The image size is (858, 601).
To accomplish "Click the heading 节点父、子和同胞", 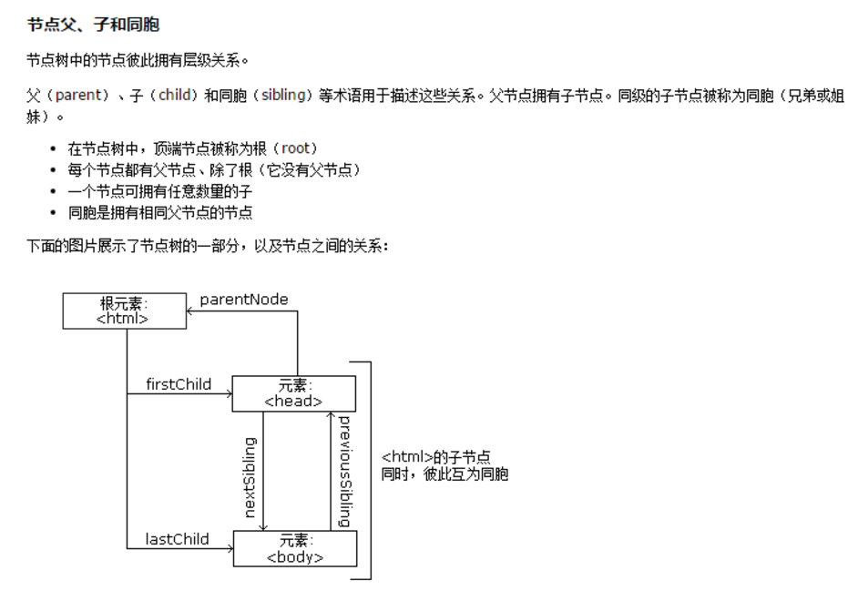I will coord(93,25).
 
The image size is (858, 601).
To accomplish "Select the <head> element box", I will coord(293,392).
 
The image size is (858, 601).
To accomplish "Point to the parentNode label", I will coord(244,299).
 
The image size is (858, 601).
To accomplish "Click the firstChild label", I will coord(179,383).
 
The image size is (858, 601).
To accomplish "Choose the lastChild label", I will coord(177,539).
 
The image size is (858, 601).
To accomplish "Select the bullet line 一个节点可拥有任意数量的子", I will coord(159,191).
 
